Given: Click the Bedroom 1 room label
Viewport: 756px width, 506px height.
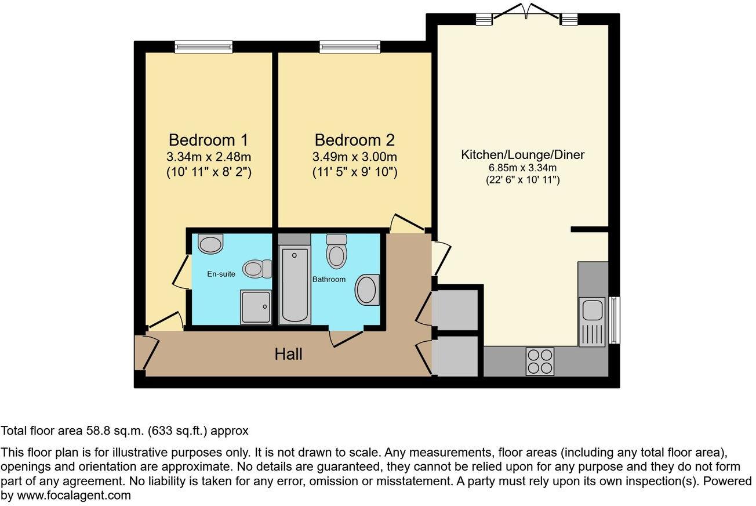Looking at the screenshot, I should pos(208,140).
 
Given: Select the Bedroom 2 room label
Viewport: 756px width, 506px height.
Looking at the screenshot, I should pos(354,140).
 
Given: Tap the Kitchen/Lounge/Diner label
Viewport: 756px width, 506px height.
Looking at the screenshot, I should pos(522,155).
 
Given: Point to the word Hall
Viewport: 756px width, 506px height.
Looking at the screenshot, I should pos(288,354).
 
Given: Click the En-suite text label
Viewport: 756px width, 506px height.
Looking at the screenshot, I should pos(221,274).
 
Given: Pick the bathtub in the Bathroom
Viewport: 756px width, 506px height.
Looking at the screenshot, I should pos(295,284).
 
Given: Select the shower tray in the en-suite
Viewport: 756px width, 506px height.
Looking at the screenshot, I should pos(255,306).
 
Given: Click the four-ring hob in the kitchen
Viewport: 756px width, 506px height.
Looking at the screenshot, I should pos(539,361).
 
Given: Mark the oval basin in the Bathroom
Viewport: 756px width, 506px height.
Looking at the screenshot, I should pos(366,290).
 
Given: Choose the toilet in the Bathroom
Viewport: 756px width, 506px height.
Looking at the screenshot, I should pos(336,251).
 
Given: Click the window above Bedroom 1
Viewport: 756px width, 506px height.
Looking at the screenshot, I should pos(203,47).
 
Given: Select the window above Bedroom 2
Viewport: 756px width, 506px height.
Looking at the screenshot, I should pos(350,47).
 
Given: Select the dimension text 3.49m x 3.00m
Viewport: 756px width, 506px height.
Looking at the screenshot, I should pos(354,157).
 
